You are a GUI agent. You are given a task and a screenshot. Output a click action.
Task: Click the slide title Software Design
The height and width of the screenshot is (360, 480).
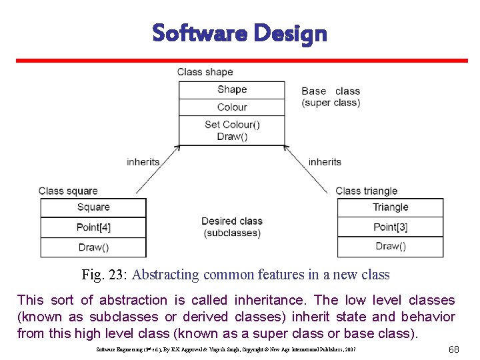239,33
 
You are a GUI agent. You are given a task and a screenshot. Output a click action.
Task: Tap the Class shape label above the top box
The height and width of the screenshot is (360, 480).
205,72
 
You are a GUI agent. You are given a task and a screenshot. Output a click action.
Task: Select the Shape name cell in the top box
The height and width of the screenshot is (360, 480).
232,89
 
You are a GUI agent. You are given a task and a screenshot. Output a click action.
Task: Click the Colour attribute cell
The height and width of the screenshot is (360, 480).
232,107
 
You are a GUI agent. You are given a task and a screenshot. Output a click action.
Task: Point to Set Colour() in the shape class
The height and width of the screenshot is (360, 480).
232,124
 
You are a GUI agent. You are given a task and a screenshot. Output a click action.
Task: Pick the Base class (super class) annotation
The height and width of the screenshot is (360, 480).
331,97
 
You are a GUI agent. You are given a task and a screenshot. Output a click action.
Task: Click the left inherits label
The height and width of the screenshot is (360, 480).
143,161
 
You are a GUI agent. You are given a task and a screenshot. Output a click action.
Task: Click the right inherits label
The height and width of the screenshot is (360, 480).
325,161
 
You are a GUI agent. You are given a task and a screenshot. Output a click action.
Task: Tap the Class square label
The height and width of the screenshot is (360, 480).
68,191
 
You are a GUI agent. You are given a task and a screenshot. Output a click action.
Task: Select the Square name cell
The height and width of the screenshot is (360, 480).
93,207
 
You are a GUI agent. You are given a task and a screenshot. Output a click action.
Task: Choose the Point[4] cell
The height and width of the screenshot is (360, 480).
93,227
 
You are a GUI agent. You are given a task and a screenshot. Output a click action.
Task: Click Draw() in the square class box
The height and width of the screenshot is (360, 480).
93,247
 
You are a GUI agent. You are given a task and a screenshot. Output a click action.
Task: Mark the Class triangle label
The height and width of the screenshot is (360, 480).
367,191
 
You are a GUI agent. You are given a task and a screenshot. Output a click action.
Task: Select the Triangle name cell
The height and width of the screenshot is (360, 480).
390,207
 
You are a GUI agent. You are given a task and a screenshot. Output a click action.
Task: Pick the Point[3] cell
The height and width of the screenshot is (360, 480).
390,227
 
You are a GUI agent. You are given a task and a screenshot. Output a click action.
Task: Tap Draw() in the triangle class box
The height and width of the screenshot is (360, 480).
390,246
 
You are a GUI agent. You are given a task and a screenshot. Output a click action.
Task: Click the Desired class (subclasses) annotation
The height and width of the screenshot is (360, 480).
232,227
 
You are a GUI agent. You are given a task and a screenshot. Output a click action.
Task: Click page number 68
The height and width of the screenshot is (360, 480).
453,349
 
